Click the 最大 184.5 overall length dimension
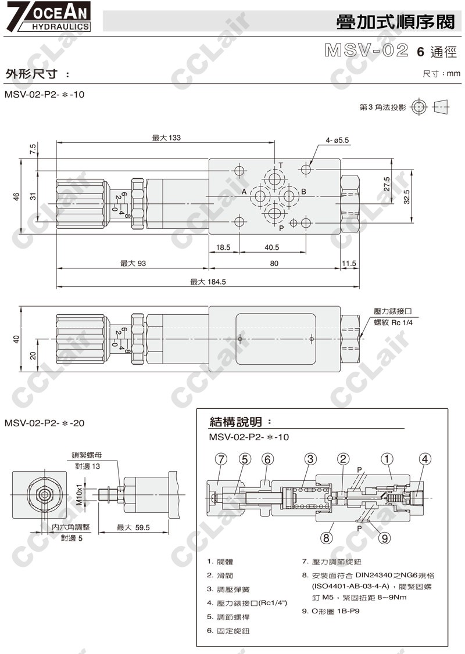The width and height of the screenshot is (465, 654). [208, 282]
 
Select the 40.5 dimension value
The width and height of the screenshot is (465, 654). [271, 247]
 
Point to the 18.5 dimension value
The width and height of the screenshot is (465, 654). [223, 247]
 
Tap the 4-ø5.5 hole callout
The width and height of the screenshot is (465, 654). [338, 140]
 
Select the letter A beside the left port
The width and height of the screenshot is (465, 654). [245, 192]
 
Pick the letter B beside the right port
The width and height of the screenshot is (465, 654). [303, 192]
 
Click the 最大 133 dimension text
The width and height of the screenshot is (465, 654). [166, 138]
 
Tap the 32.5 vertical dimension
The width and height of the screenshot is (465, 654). [406, 197]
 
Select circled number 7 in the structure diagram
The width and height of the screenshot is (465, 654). [220, 459]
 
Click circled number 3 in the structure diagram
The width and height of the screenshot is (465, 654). [311, 459]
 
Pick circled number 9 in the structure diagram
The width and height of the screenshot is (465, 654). [384, 538]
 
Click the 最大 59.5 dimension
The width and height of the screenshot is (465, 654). [134, 527]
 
